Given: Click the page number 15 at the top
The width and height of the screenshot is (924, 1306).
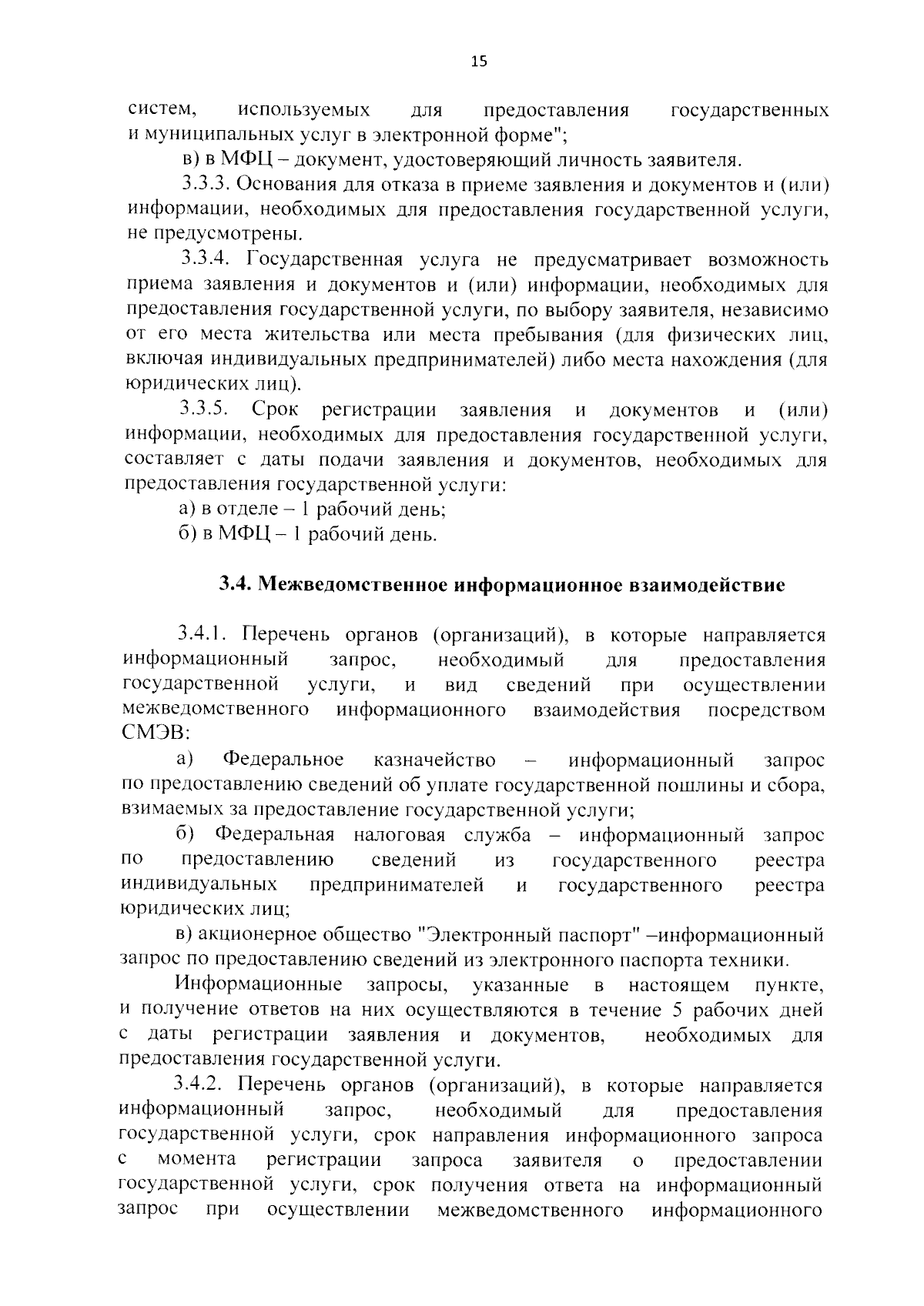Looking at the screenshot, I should [x=479, y=62].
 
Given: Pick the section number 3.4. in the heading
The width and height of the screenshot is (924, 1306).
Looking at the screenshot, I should [x=236, y=585].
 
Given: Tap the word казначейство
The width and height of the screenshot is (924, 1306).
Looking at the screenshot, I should [x=434, y=760].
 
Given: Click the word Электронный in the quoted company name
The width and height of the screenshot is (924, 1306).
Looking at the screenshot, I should [x=480, y=936].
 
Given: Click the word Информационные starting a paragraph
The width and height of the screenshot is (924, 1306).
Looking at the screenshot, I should [x=259, y=985].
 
